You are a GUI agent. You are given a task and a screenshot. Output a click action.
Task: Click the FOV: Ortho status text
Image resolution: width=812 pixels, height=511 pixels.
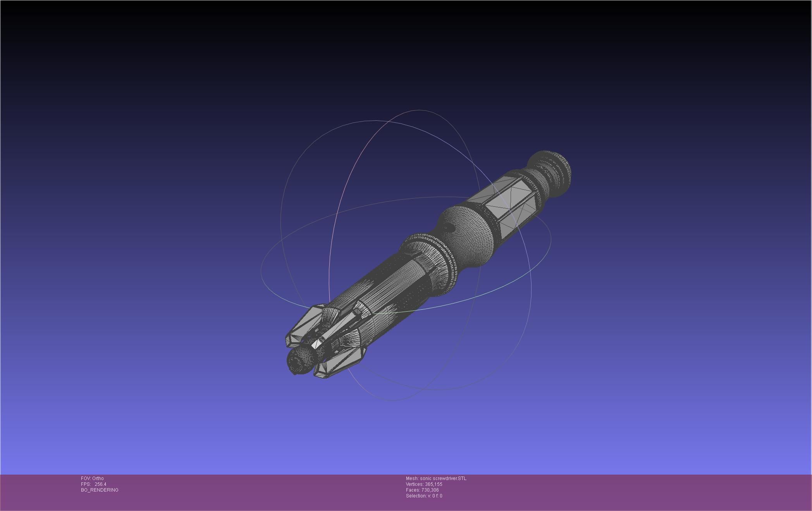92,478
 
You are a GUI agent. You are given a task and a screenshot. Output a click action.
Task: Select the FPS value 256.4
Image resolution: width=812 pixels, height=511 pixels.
100,484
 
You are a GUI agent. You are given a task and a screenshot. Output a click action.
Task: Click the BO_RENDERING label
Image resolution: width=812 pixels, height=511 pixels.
100,490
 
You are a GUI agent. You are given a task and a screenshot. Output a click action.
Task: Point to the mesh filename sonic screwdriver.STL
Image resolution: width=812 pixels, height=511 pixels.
443,478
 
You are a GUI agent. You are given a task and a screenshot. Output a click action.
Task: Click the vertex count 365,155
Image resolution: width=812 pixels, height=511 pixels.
434,484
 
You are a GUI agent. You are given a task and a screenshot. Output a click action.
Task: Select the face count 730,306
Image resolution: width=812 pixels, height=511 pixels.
430,490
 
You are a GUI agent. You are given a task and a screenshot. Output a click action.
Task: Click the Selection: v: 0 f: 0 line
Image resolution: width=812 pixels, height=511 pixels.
424,496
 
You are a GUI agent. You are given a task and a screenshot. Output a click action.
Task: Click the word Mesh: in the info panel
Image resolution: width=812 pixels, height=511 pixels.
412,478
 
